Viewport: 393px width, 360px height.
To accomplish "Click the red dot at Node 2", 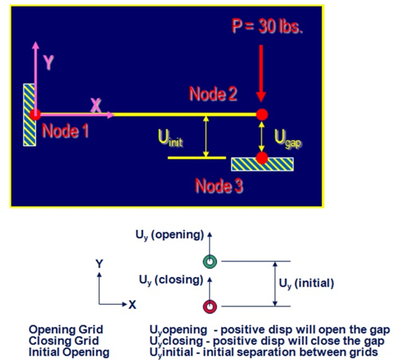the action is point(262,115).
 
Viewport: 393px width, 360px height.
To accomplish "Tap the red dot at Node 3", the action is point(262,158).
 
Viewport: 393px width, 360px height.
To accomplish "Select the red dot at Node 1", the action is point(36,115).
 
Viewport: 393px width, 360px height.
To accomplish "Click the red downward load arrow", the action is point(261,73).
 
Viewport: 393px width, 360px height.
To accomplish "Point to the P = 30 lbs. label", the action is point(267,26).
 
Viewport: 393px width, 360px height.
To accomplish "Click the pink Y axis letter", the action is point(49,62).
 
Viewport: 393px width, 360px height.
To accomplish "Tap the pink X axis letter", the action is point(95,105).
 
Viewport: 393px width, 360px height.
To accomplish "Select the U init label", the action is point(170,138).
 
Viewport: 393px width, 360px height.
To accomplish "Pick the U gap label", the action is point(288,139).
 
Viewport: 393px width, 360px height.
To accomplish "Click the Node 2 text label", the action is point(213,94).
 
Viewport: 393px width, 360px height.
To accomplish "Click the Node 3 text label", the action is point(219,186).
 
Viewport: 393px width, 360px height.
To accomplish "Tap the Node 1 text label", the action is point(65,130).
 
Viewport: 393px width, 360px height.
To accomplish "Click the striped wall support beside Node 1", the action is point(30,115).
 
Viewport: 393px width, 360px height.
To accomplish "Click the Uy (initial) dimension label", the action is point(306,284).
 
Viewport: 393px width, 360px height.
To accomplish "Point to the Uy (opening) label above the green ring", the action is point(169,235).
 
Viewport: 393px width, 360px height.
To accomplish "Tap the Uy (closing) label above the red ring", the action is point(171,280).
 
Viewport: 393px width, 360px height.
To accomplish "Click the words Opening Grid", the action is point(66,330).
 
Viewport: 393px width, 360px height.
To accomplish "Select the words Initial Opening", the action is point(69,352).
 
